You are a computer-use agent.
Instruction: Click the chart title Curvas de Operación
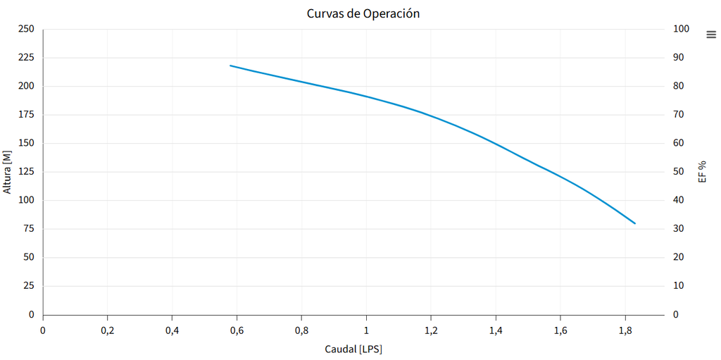[363, 13]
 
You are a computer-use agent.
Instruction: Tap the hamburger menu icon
[710, 35]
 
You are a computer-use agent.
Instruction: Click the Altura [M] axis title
[8, 171]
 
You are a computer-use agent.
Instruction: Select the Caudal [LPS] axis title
[353, 349]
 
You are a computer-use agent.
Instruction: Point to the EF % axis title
[702, 171]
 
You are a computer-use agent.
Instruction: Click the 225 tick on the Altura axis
[25, 58]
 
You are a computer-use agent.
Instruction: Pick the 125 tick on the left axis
[25, 172]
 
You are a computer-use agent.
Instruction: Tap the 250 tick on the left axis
[25, 29]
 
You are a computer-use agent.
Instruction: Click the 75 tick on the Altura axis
[28, 229]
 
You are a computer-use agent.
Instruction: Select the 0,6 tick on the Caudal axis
[237, 330]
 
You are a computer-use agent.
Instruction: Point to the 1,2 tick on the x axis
[431, 330]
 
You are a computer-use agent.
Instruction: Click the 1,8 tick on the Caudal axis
[625, 330]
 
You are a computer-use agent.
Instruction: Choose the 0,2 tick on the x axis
[107, 330]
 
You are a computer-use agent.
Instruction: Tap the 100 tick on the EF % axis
[681, 29]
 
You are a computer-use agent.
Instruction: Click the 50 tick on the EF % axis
[679, 172]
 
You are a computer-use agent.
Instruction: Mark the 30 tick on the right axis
[679, 229]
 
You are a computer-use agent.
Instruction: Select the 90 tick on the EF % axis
[679, 58]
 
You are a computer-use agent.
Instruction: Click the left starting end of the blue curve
[231, 66]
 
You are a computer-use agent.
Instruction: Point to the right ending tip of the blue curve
[634, 223]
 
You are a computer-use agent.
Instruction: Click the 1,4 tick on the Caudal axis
[496, 330]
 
